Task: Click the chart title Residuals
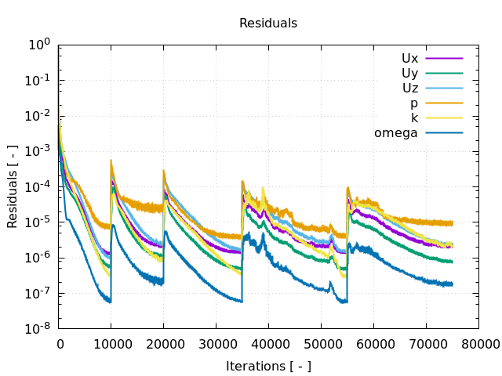coord(268,23)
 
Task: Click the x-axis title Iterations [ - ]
coord(268,366)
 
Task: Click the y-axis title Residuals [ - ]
coord(13,186)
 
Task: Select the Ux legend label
coord(409,58)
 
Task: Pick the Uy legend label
coord(409,73)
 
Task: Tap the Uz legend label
coord(409,88)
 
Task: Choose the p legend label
coord(413,103)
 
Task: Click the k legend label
coord(414,117)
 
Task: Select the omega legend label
coord(395,132)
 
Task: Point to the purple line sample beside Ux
coord(444,58)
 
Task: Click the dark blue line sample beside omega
coord(444,132)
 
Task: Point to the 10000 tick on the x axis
coord(111,343)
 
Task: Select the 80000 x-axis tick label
coord(478,343)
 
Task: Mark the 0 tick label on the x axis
coord(60,343)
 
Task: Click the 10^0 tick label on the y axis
coord(39,45)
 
